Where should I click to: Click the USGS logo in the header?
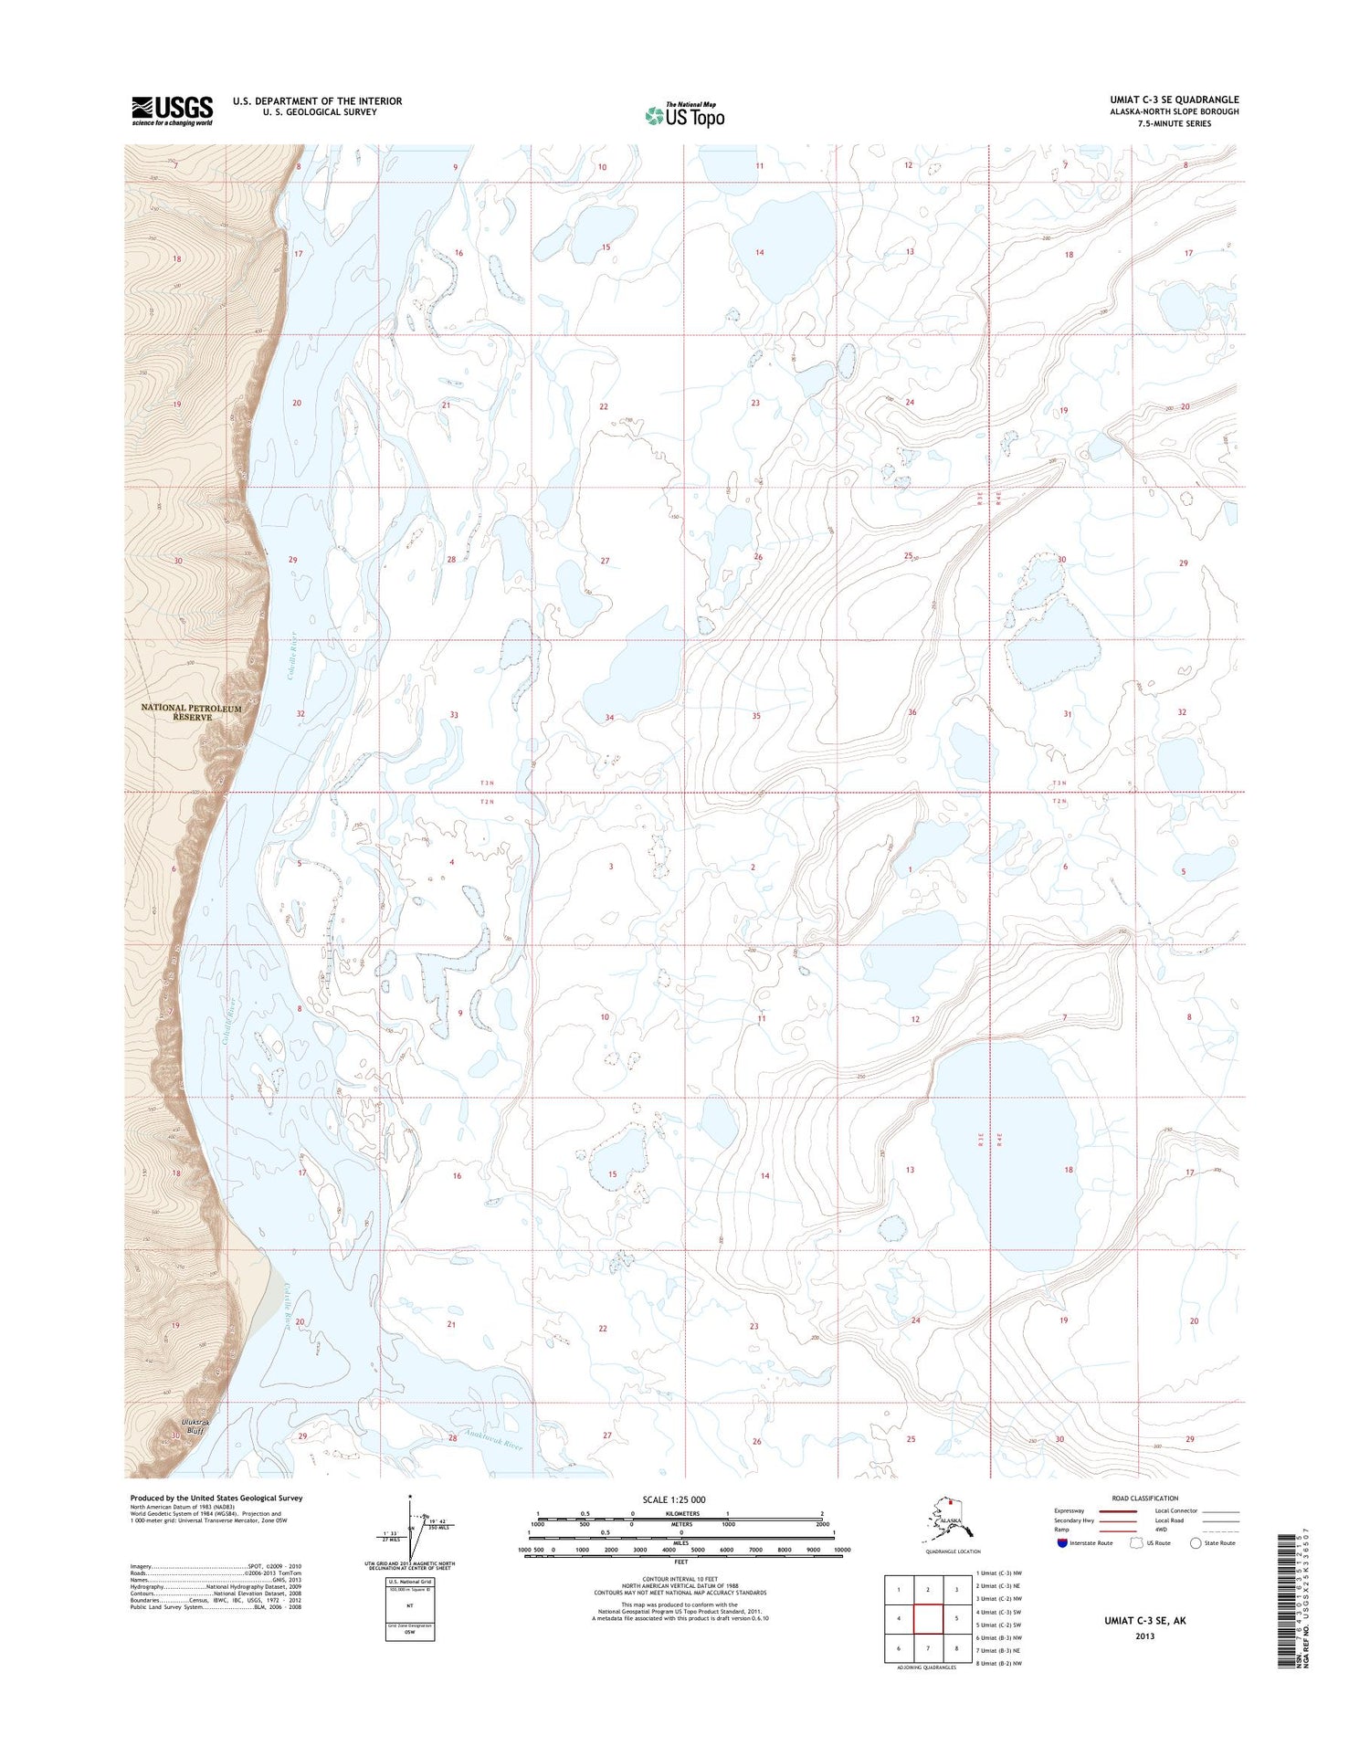click(x=172, y=110)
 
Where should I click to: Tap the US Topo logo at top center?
click(x=685, y=115)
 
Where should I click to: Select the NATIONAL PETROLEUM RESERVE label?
click(x=191, y=712)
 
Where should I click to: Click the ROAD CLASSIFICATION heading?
click(x=1144, y=1498)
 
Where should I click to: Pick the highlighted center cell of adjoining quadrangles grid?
click(x=927, y=1619)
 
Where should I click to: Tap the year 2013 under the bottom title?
click(x=1144, y=1636)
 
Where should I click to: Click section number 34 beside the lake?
click(x=609, y=718)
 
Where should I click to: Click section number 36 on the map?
click(x=912, y=712)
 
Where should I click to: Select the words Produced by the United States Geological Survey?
click(x=216, y=1498)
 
